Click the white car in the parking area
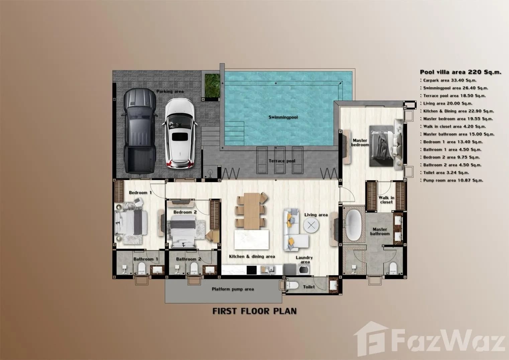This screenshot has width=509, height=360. tap(178, 133)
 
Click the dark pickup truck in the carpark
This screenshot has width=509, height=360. tap(140, 131)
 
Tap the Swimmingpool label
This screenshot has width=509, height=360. tap(283, 117)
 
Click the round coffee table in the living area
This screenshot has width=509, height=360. tap(311, 225)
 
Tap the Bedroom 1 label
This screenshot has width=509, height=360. tap(140, 193)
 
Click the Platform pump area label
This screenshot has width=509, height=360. tap(232, 289)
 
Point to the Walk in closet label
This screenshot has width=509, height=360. tap(386, 200)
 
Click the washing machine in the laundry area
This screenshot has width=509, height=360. tap(305, 270)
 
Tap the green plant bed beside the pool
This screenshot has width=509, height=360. tap(212, 86)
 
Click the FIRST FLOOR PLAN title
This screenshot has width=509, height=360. tap(254, 311)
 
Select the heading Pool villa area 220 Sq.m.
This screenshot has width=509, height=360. tap(461, 72)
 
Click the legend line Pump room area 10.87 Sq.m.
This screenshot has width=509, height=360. tap(453, 180)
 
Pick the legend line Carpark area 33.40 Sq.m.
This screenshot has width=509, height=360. tap(449, 80)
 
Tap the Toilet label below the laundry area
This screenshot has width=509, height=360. tap(309, 287)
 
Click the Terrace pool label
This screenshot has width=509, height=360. tap(282, 161)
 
